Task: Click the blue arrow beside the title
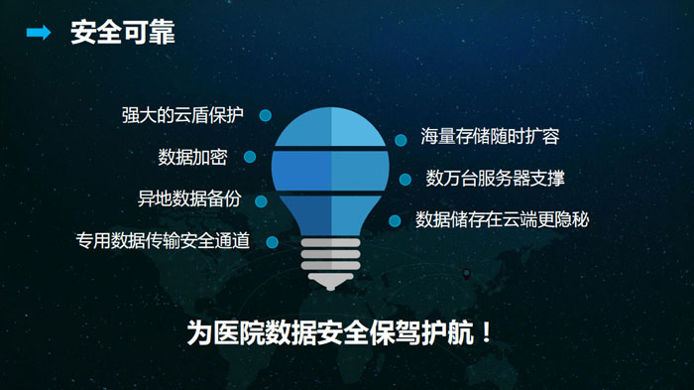click(x=39, y=33)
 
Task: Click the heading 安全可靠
click(x=123, y=33)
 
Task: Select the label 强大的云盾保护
click(x=182, y=115)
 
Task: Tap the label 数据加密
click(x=192, y=157)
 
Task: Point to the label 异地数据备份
click(x=189, y=198)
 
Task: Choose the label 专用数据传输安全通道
click(x=163, y=240)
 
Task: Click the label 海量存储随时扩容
click(x=490, y=136)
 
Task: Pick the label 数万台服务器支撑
click(x=496, y=178)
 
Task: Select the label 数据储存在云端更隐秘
click(x=502, y=219)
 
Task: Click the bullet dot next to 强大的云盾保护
click(x=265, y=116)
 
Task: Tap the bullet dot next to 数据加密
click(x=250, y=157)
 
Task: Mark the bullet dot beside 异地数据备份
click(x=261, y=201)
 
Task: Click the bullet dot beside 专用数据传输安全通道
click(x=273, y=242)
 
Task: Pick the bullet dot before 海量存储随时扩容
click(x=401, y=140)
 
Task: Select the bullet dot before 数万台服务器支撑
click(x=405, y=180)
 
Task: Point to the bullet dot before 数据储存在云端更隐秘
click(x=395, y=220)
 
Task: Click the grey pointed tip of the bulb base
click(x=330, y=289)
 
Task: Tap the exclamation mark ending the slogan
click(x=487, y=332)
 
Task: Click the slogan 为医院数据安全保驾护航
click(x=330, y=332)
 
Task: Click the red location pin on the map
click(x=466, y=274)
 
